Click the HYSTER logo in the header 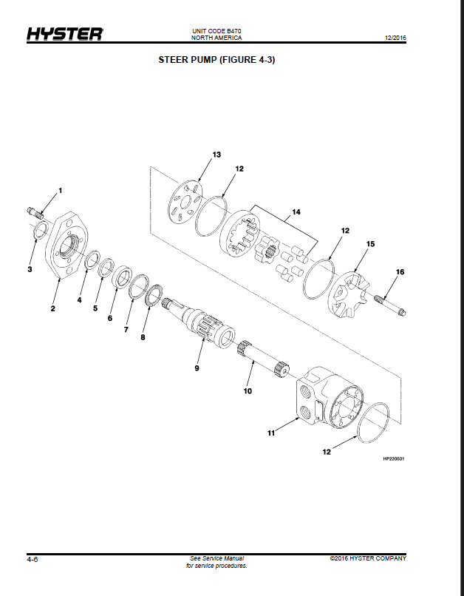(x=64, y=34)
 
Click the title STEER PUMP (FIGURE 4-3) (x=216, y=60)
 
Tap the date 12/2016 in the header (x=395, y=38)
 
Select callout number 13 (x=216, y=155)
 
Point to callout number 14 (x=296, y=211)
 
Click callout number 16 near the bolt (x=400, y=272)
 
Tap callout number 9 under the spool (x=197, y=368)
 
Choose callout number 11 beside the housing (x=270, y=433)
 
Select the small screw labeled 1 (x=35, y=213)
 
